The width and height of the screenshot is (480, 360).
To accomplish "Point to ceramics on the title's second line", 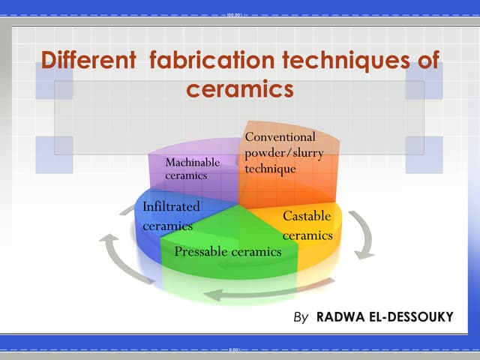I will pos(238,90).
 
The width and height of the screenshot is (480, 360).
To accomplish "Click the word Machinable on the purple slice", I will pos(193,162).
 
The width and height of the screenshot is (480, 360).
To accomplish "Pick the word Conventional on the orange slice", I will pos(280,137).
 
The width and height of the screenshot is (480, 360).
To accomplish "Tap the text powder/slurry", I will pos(280,153).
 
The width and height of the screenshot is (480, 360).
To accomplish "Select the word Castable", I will pos(307,217).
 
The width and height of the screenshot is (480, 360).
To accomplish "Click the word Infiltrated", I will pos(171,205).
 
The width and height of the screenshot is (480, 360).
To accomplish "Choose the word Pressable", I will pos(201,252).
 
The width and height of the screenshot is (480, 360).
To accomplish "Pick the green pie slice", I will pos(225,232).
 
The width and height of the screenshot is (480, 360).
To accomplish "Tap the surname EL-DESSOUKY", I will pos(413,317).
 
